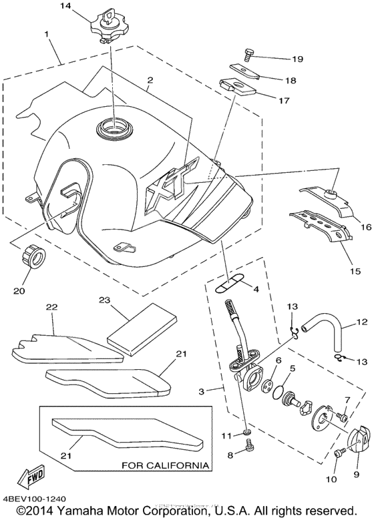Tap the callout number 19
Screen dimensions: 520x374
278,59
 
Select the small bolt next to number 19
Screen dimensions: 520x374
248,55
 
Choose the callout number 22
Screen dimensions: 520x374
52,306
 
